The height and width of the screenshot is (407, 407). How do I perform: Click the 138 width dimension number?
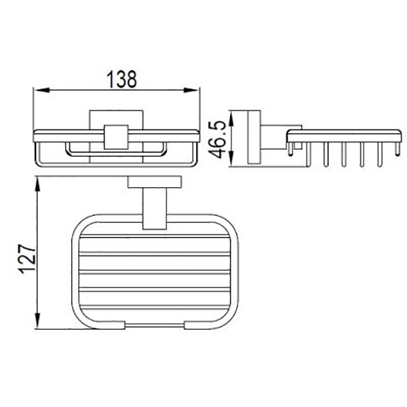pos(121,79)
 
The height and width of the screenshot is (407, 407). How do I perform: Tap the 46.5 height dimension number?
pos(217,139)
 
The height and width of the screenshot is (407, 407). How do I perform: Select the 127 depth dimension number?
pos(27,258)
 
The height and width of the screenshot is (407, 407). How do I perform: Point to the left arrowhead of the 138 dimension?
pos(41,90)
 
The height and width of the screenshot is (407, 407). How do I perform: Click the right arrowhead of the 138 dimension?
pos(191,90)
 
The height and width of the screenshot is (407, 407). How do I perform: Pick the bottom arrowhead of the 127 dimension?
pos(38,321)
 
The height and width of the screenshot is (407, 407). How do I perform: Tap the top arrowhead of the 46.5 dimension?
pos(232,118)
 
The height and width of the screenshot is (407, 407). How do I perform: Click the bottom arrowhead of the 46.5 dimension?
pos(232,158)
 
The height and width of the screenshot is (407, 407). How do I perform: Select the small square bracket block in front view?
pos(116,137)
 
